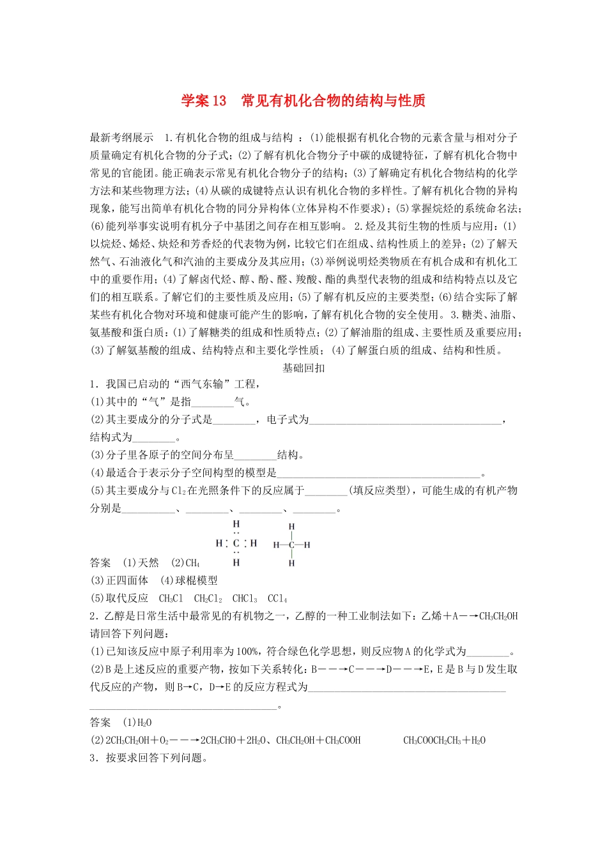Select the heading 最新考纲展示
pyautogui.click(x=121, y=137)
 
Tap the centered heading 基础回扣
pyautogui.click(x=303, y=368)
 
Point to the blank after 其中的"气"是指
pyautogui.click(x=212, y=402)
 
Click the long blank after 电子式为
pyautogui.click(x=405, y=420)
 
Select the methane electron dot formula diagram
pyautogui.click(x=236, y=543)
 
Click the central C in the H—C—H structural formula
pyautogui.click(x=291, y=545)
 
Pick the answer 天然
pyautogui.click(x=148, y=562)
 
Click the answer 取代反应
pyautogui.click(x=127, y=598)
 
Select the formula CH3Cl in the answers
pyautogui.click(x=171, y=598)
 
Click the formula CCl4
pyautogui.click(x=277, y=598)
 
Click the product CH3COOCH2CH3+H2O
pyautogui.click(x=444, y=741)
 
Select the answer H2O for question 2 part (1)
pyautogui.click(x=144, y=723)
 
